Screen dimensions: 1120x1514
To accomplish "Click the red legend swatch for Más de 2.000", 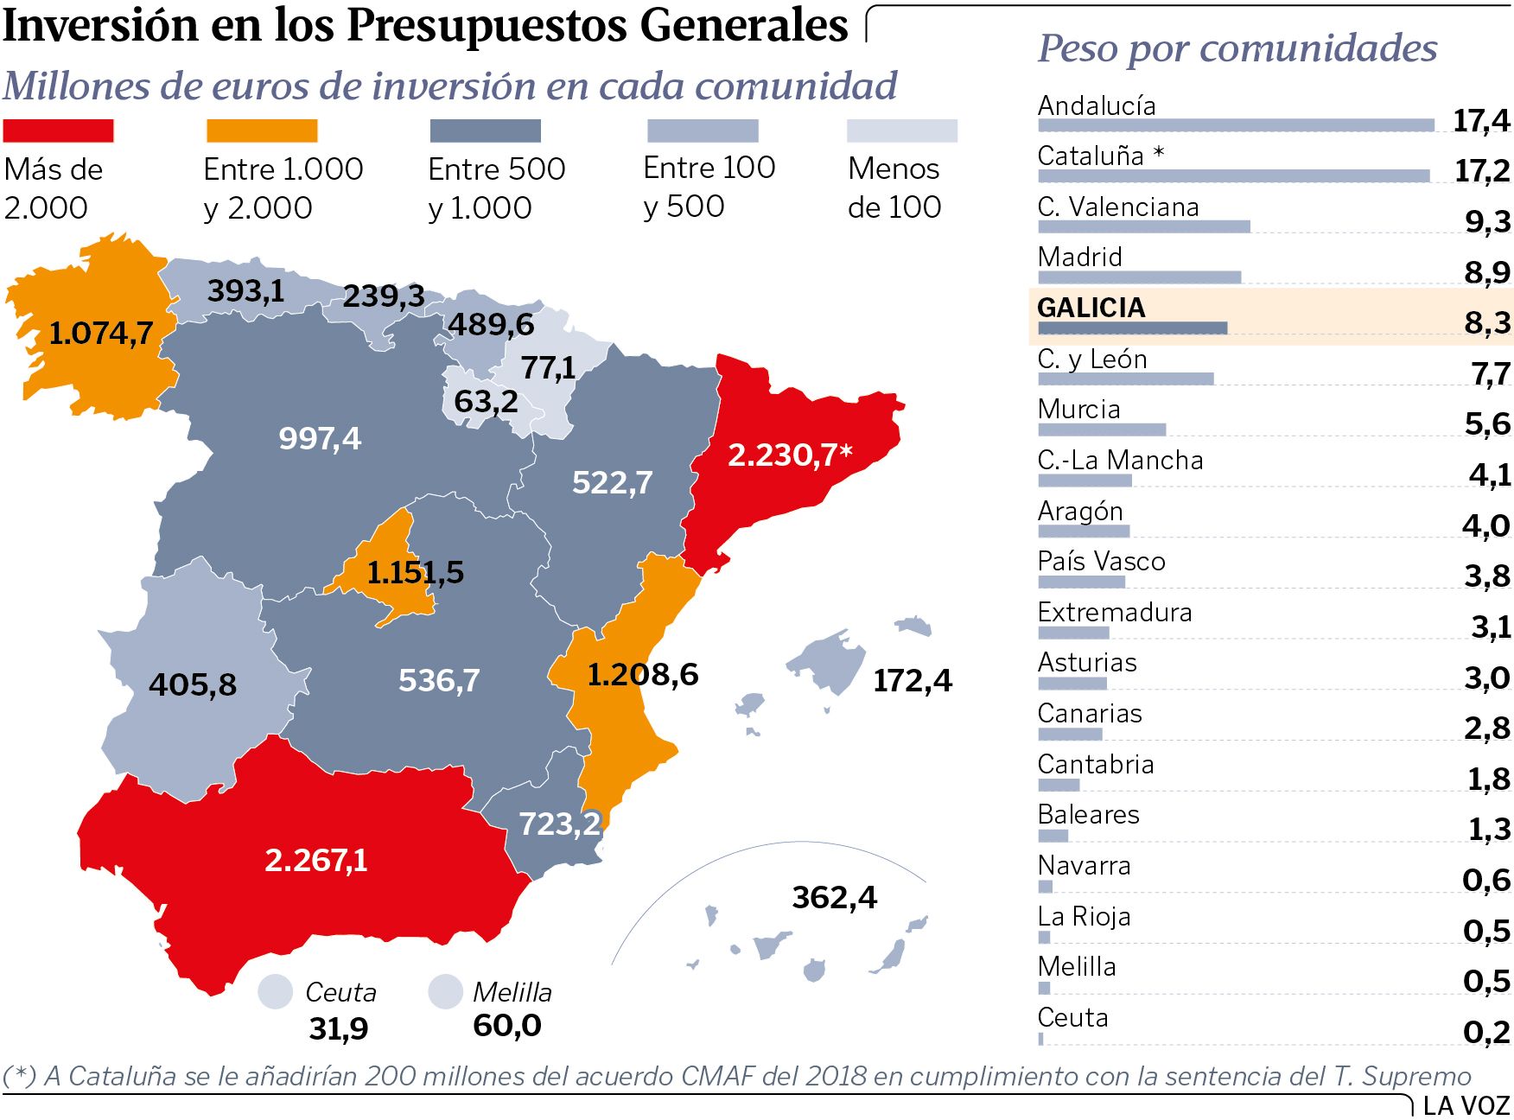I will [x=58, y=130].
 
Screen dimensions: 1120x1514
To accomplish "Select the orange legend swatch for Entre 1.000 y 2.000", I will [x=262, y=130].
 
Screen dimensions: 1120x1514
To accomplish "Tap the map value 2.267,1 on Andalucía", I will [x=315, y=860].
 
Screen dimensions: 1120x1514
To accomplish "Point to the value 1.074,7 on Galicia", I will [x=100, y=333].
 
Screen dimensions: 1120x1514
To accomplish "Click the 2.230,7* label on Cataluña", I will [x=789, y=455].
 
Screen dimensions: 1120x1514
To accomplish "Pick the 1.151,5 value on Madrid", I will [x=415, y=572].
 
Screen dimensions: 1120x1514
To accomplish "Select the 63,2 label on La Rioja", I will [x=486, y=402].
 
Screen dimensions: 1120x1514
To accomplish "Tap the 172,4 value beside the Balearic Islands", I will [x=912, y=681].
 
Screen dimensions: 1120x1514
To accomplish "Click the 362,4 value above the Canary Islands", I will [x=834, y=897].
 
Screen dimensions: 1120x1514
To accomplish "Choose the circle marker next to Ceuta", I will [x=276, y=991].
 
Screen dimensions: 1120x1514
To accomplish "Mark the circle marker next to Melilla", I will [x=446, y=991].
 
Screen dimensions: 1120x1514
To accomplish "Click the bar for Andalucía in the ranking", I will [x=1236, y=126].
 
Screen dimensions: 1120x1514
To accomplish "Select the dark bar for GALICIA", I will [x=1132, y=328].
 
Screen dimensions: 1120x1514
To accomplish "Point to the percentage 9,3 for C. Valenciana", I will [x=1487, y=222].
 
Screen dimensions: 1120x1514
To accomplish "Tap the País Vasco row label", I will [x=1101, y=562].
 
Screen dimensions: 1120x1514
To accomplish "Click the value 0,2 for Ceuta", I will [x=1486, y=1032].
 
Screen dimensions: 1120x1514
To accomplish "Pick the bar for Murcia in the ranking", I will [x=1102, y=430].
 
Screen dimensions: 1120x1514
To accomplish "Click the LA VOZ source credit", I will [x=1466, y=1105].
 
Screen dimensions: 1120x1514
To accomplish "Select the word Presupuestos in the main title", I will [x=487, y=26].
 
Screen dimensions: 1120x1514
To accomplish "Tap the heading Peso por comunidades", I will [x=1237, y=48].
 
